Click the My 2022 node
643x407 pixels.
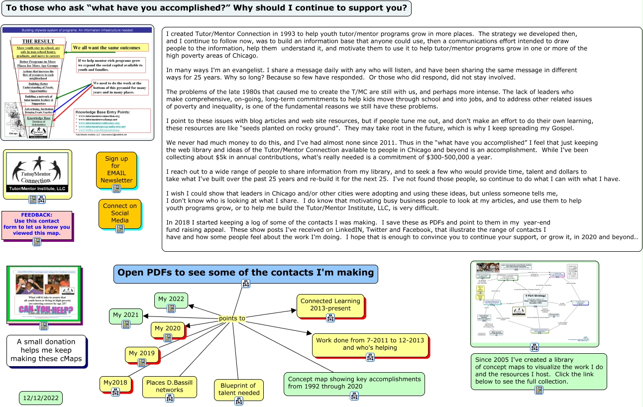click(171, 300)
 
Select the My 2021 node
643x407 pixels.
click(125, 315)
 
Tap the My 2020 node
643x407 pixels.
click(167, 329)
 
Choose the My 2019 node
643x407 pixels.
click(141, 353)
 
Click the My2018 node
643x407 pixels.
click(115, 383)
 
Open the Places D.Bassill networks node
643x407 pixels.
click(169, 386)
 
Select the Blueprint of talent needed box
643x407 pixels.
click(238, 389)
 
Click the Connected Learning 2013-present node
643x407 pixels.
click(330, 305)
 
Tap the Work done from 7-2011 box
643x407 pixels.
click(370, 344)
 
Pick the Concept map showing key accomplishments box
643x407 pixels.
click(354, 383)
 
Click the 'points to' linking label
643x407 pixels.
click(232, 318)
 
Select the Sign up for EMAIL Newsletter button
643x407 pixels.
click(116, 170)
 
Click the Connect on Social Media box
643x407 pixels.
click(119, 213)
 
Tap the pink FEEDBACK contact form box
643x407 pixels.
click(37, 224)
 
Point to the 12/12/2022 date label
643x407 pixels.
click(41, 398)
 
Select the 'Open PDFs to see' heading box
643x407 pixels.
click(245, 273)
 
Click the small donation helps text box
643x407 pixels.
click(46, 350)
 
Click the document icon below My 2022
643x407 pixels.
click(171, 308)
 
